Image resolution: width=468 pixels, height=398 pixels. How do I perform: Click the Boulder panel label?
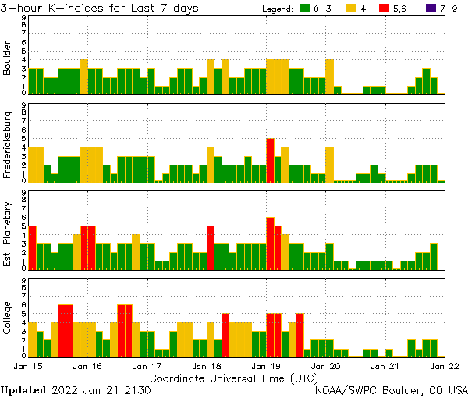tap(8, 59)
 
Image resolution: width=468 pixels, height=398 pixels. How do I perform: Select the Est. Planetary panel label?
tap(8, 233)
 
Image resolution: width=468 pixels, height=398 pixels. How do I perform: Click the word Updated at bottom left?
tap(23, 389)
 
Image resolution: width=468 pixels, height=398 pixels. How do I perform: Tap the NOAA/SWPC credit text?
tap(391, 389)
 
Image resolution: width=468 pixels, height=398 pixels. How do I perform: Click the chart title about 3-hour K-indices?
tap(100, 8)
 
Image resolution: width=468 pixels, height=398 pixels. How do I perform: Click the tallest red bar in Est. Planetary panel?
tap(270, 243)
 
